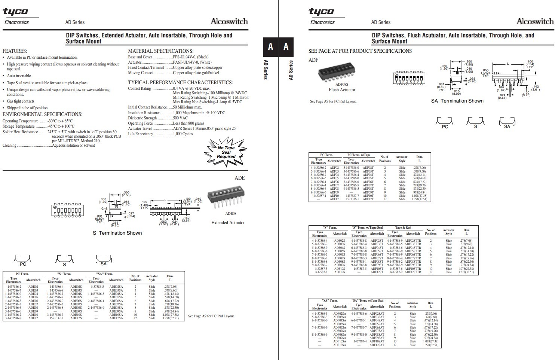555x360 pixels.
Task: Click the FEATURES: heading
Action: click(x=15, y=51)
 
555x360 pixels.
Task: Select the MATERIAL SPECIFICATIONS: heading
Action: click(x=160, y=51)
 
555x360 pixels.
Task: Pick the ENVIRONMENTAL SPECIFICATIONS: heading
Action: click(x=42, y=114)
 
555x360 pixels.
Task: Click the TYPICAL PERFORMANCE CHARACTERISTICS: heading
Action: click(x=180, y=82)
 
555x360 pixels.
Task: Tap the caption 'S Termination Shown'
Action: click(x=117, y=233)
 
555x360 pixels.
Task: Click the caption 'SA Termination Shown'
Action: click(x=457, y=101)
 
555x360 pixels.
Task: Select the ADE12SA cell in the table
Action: click(x=116, y=318)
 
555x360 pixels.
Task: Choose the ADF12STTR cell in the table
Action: click(x=413, y=272)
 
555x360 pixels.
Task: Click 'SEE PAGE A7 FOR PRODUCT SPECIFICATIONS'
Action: click(x=360, y=51)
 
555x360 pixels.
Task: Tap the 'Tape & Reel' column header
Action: click(x=403, y=228)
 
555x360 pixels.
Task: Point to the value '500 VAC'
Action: click(x=180, y=118)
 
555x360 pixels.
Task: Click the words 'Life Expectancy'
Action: click(x=141, y=134)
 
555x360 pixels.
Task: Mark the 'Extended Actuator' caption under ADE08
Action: click(x=228, y=222)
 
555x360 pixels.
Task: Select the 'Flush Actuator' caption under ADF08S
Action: click(x=342, y=90)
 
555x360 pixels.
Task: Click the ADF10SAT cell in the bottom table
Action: click(x=377, y=341)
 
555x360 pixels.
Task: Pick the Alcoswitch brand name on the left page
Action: click(x=229, y=21)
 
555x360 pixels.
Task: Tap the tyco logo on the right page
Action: click(x=321, y=12)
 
